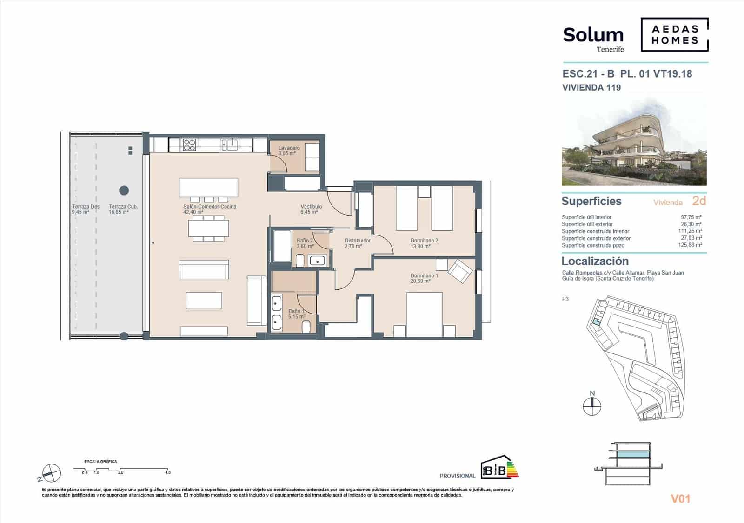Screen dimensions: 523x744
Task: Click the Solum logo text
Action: (x=593, y=35)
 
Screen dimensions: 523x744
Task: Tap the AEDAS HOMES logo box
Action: (x=675, y=34)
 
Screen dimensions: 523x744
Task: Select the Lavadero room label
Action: (x=289, y=148)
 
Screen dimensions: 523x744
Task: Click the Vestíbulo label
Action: (x=311, y=207)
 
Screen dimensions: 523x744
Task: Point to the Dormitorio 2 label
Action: (x=424, y=241)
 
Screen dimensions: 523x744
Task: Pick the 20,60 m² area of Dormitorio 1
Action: (x=420, y=281)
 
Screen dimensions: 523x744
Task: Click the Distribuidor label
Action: (x=357, y=241)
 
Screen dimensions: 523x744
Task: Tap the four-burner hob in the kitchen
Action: (x=189, y=145)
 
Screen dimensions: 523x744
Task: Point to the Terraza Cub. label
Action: (x=123, y=207)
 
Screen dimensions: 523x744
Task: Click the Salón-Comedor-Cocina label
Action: (x=209, y=207)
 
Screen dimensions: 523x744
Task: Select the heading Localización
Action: (x=595, y=261)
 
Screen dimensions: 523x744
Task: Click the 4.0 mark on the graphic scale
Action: (x=167, y=472)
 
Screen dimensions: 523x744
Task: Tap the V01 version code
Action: (x=680, y=499)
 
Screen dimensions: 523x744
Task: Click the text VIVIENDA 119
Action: (x=591, y=87)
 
